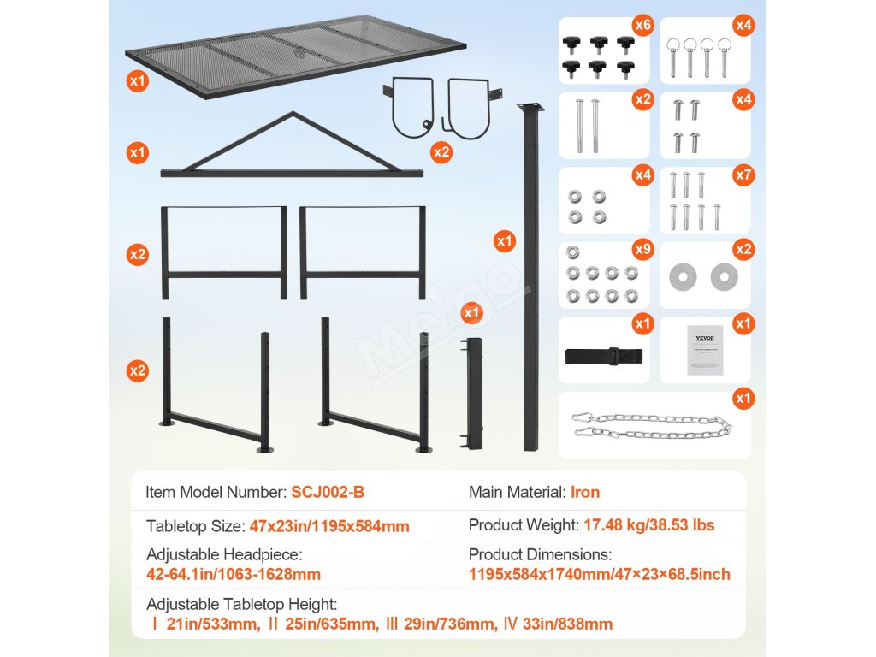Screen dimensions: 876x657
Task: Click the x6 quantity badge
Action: click(x=643, y=25)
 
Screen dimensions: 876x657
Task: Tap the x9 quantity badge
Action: click(x=643, y=249)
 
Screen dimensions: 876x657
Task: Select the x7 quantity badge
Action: click(x=743, y=175)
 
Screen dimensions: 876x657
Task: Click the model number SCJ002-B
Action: click(x=328, y=492)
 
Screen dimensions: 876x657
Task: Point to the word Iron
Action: click(x=585, y=492)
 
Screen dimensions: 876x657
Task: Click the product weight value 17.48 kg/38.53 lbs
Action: click(x=649, y=525)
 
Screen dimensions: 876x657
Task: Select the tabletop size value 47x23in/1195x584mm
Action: click(x=329, y=526)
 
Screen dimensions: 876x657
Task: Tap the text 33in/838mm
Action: click(x=568, y=624)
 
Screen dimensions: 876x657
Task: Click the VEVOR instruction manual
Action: click(x=705, y=350)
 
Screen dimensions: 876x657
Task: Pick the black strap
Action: click(x=604, y=356)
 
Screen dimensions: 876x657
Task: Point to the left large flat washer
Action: click(x=683, y=276)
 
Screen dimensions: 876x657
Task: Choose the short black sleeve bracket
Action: click(x=472, y=394)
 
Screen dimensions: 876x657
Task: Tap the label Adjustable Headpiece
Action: click(x=224, y=554)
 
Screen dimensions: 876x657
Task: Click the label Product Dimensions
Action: click(x=541, y=554)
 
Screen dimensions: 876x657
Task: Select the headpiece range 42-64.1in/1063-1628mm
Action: click(x=234, y=574)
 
